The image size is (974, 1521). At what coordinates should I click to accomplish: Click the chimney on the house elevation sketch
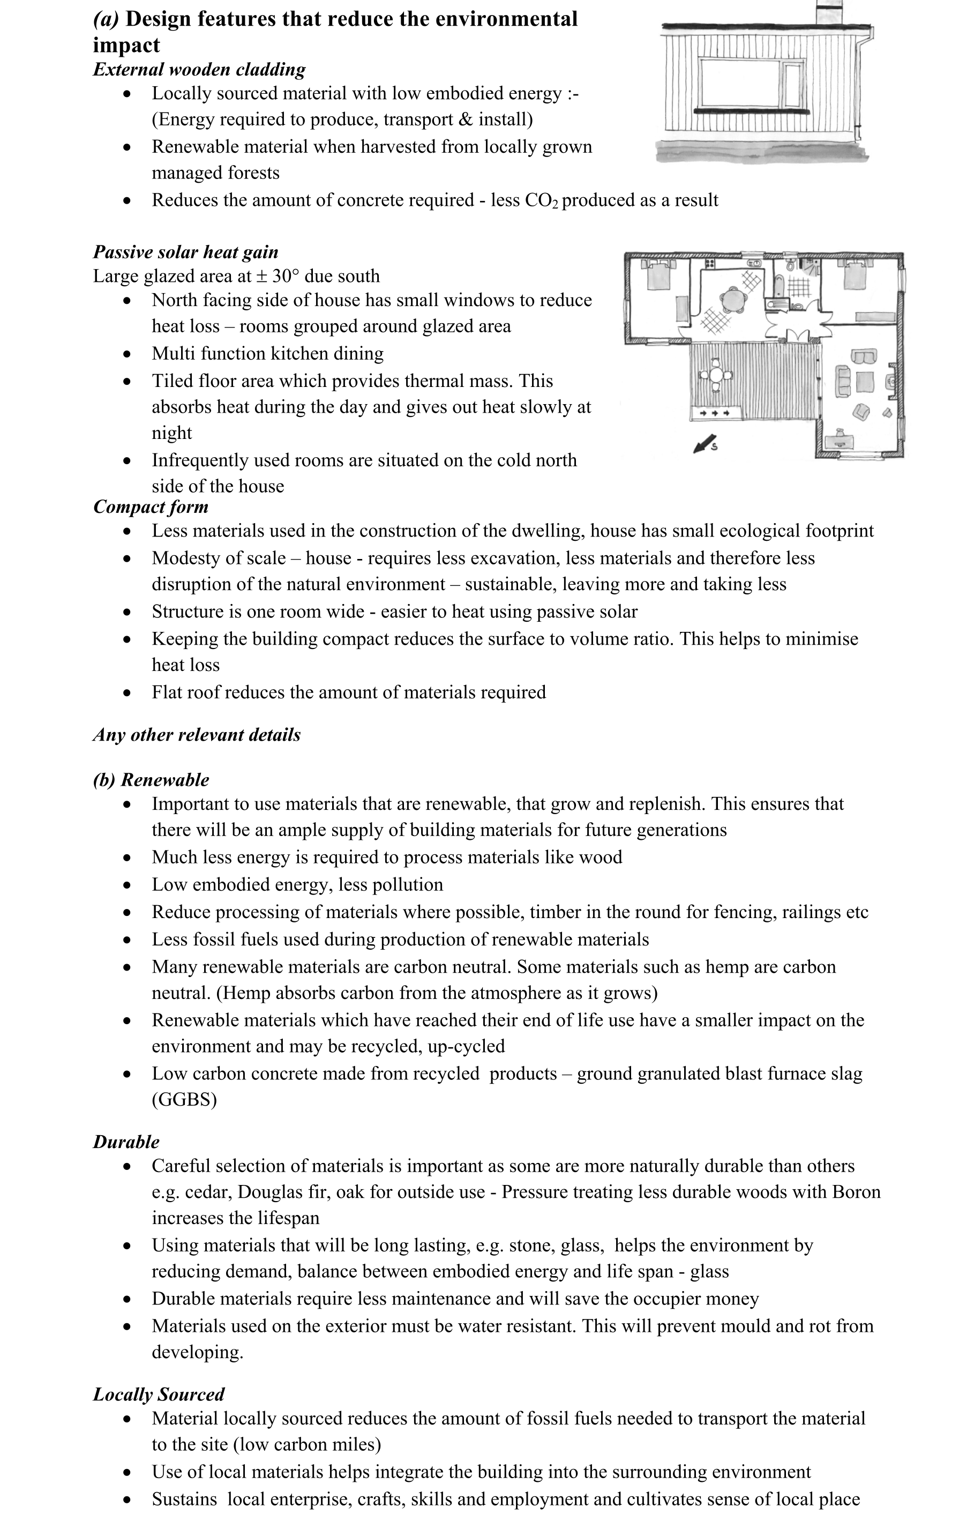828,11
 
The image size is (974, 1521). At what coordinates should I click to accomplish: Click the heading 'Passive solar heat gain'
185,252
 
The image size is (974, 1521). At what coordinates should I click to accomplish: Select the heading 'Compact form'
151,507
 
